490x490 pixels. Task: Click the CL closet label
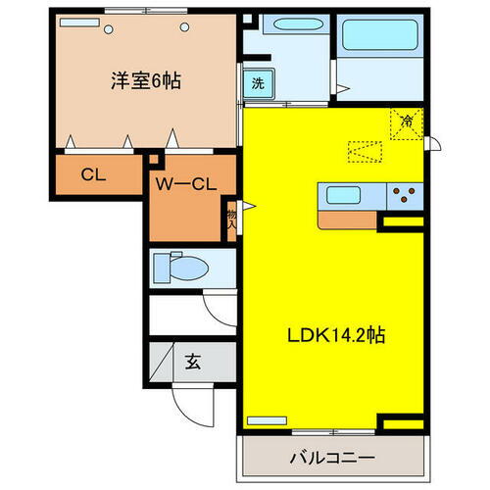(93, 176)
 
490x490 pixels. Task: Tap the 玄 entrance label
(192, 359)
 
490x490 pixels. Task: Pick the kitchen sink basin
(345, 194)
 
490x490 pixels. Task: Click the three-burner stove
(403, 193)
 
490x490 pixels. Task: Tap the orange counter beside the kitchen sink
(348, 220)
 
